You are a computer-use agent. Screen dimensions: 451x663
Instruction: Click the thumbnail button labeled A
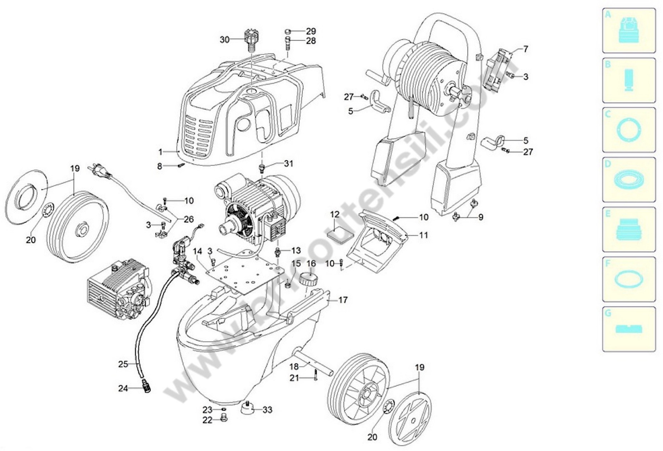[629, 31]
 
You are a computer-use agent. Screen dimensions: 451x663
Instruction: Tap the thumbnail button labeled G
[629, 329]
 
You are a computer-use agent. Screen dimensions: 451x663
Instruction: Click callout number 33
[267, 410]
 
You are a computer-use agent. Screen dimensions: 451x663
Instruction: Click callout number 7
[525, 49]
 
